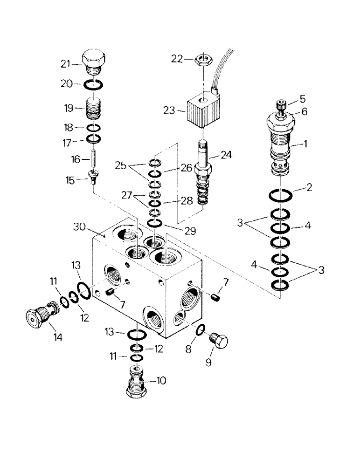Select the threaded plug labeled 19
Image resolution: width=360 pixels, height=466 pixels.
tap(94, 108)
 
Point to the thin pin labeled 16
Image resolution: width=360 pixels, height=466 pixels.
tap(94, 159)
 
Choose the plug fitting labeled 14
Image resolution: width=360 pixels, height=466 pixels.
tap(41, 316)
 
